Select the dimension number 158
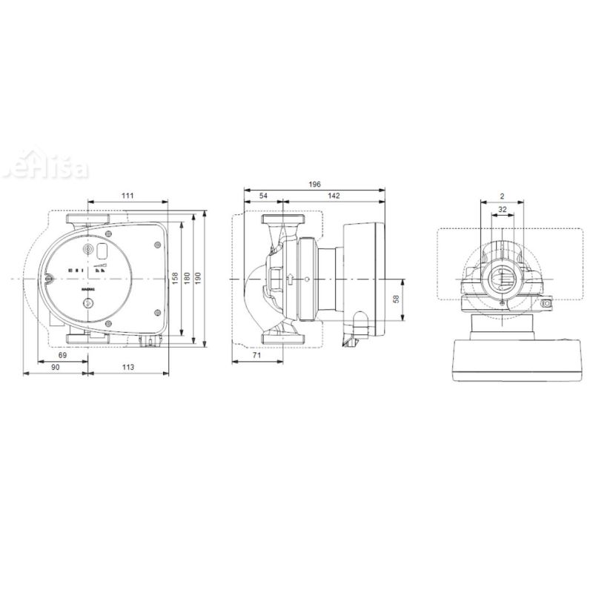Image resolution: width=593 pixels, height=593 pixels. pos(176,276)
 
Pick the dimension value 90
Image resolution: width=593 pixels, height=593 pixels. pos(56,368)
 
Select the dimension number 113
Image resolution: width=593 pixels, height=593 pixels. pos(127,368)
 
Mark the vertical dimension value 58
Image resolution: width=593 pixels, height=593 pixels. pos(397,299)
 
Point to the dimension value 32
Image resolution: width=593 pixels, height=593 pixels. pos(503,210)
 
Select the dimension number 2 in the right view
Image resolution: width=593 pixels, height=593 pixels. pos(502,196)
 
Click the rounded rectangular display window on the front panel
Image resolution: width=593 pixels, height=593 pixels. pos(99,253)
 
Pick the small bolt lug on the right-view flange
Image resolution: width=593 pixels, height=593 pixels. pos(549,304)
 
